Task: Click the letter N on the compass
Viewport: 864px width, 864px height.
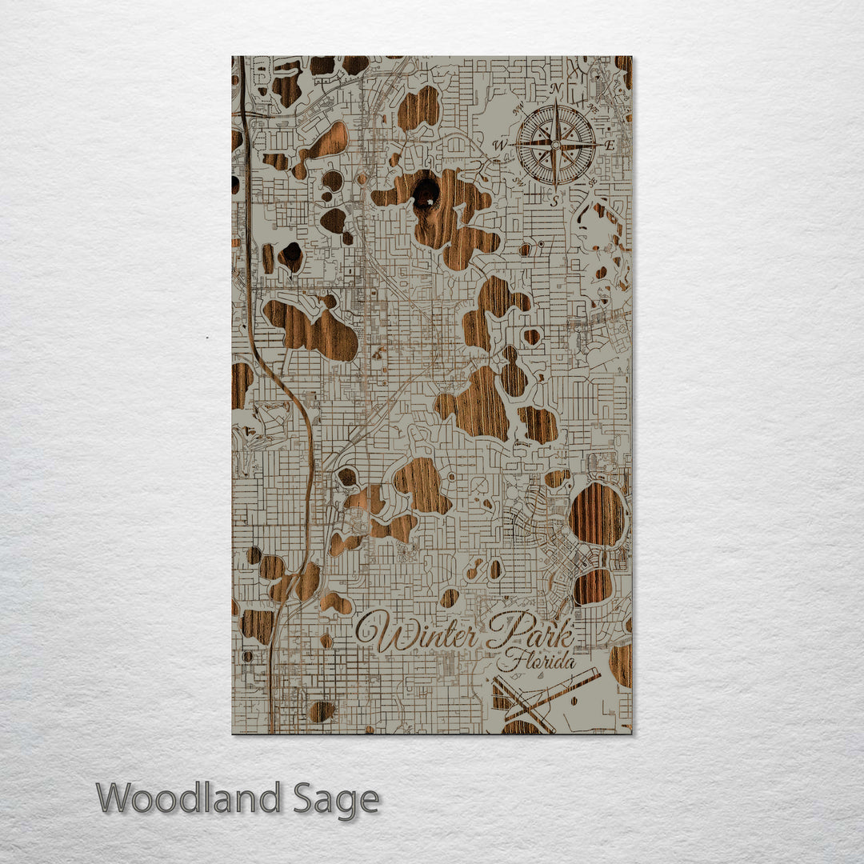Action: [x=558, y=89]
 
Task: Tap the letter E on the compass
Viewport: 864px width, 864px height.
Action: [x=609, y=146]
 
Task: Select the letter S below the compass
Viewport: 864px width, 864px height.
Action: [x=554, y=202]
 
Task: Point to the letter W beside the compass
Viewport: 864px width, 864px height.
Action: [x=500, y=145]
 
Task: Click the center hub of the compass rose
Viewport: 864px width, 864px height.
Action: [x=556, y=145]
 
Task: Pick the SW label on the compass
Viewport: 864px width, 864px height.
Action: [x=518, y=182]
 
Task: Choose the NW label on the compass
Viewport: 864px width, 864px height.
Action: [x=518, y=106]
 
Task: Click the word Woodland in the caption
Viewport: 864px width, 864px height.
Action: [x=189, y=799]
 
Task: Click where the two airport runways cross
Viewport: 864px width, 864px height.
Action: [x=531, y=704]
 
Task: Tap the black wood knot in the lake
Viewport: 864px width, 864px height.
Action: [x=426, y=192]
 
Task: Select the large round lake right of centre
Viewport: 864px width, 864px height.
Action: [x=597, y=514]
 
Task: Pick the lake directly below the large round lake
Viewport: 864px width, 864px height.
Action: [x=593, y=586]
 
